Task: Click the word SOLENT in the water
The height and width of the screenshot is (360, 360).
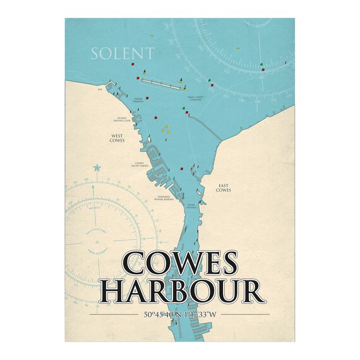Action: tap(122, 52)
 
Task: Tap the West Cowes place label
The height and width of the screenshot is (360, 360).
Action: tap(117, 138)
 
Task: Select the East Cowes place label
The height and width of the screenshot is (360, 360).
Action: tap(224, 188)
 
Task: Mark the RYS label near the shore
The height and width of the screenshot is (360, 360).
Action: tap(100, 90)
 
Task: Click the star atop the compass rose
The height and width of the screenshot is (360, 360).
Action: tap(97, 167)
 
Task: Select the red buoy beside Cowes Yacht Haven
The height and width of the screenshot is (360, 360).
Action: tap(181, 169)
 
